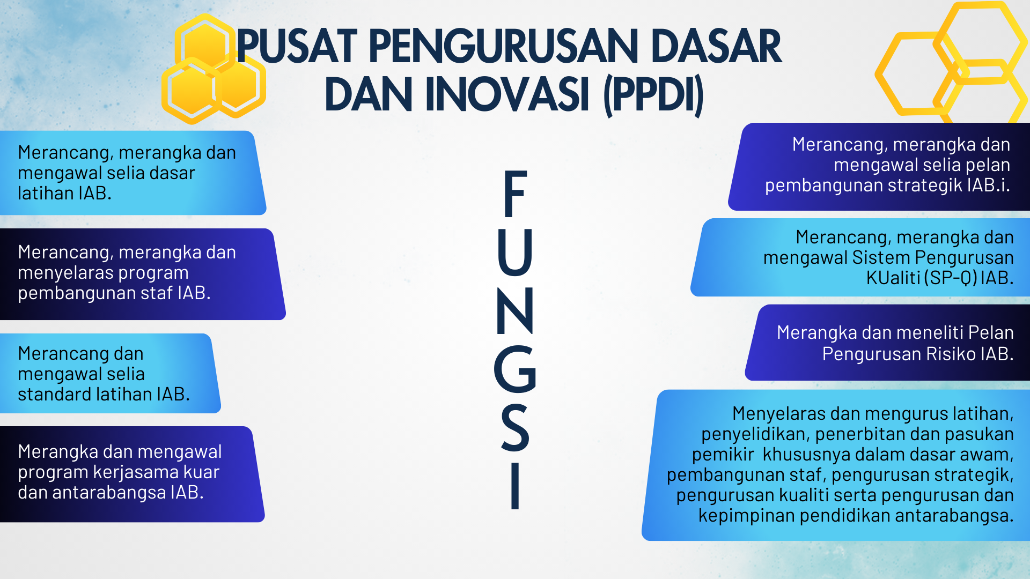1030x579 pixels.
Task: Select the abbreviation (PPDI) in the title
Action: pyautogui.click(x=653, y=96)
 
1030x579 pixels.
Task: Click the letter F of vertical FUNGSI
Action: pyautogui.click(x=516, y=194)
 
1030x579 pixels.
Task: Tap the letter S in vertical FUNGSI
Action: pyautogui.click(x=515, y=427)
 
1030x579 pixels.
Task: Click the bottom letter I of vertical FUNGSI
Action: pyautogui.click(x=515, y=485)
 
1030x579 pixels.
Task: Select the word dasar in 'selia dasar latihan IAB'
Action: pyautogui.click(x=172, y=173)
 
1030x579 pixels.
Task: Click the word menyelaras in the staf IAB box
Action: pyautogui.click(x=65, y=273)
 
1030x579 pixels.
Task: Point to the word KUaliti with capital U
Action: pyautogui.click(x=893, y=278)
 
